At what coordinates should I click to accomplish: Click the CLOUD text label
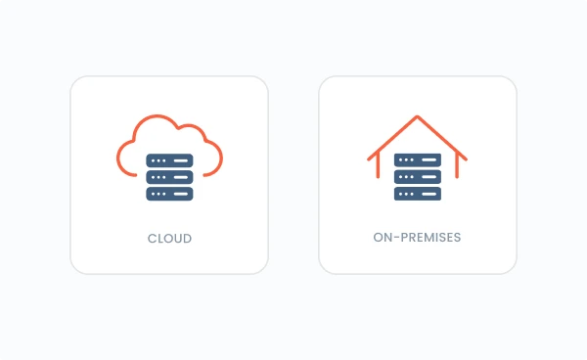point(169,238)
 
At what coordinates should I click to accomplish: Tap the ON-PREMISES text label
point(418,238)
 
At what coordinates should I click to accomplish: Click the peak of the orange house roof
point(418,117)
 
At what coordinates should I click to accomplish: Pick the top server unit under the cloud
point(169,160)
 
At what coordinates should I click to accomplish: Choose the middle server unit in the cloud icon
point(169,177)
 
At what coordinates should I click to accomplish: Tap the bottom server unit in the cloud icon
point(169,194)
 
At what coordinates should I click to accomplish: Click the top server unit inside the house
point(418,160)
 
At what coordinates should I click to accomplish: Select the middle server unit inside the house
point(418,177)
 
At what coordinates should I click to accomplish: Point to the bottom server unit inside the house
point(418,194)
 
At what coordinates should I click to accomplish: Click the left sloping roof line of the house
point(393,138)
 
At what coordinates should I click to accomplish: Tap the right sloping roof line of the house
point(442,138)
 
